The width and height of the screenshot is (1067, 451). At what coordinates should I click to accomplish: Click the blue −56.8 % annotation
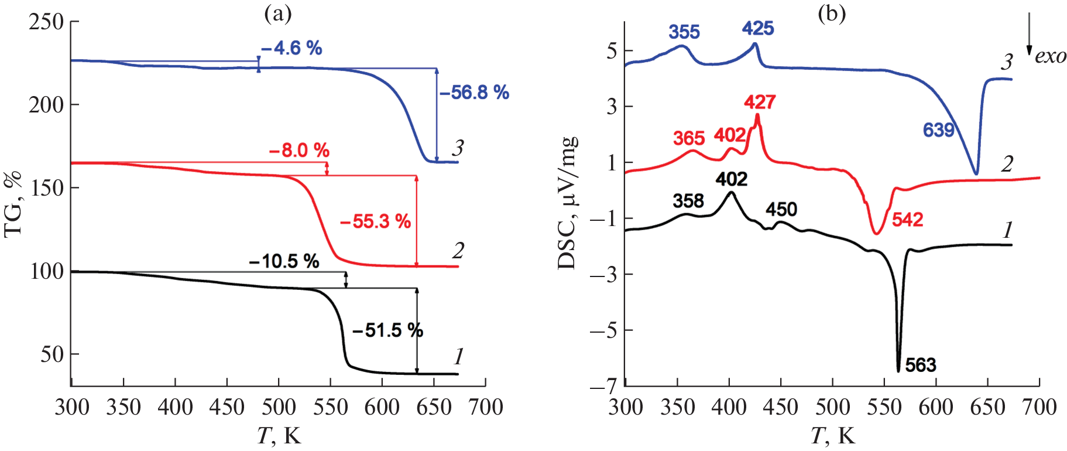pyautogui.click(x=474, y=93)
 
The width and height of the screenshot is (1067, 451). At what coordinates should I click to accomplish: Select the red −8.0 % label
pyautogui.click(x=299, y=151)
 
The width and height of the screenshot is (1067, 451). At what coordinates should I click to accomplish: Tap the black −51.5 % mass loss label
pyautogui.click(x=387, y=330)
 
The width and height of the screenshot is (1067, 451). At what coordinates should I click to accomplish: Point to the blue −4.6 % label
pyautogui.click(x=291, y=48)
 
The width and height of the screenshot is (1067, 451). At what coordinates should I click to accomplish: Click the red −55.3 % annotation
pyautogui.click(x=375, y=221)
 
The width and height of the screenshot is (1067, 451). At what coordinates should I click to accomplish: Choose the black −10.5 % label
pyautogui.click(x=284, y=261)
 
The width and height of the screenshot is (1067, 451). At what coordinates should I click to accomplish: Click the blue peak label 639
pyautogui.click(x=939, y=130)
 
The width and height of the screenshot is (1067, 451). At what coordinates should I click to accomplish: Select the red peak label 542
pyautogui.click(x=907, y=220)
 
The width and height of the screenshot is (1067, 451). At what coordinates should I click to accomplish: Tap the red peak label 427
pyautogui.click(x=760, y=102)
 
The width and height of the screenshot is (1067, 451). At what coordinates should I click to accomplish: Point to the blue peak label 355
pyautogui.click(x=684, y=32)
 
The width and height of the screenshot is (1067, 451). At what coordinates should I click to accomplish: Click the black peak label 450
pyautogui.click(x=781, y=210)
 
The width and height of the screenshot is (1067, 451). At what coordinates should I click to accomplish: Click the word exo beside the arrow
pyautogui.click(x=1051, y=56)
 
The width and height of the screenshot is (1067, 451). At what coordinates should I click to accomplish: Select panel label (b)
pyautogui.click(x=832, y=13)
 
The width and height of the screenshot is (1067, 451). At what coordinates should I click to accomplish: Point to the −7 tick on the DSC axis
pyautogui.click(x=603, y=387)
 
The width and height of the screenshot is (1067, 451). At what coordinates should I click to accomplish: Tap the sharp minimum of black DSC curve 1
pyautogui.click(x=898, y=371)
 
